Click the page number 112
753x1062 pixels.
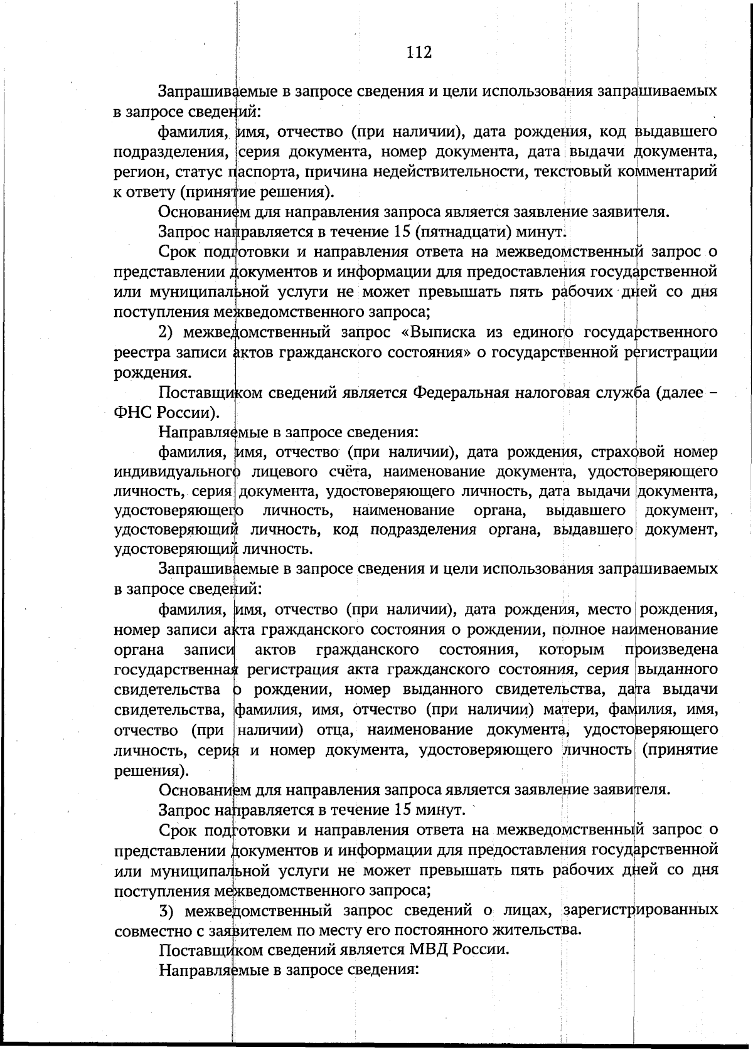[419, 52]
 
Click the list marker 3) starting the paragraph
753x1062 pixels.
[166, 909]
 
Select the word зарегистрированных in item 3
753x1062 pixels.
[640, 909]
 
